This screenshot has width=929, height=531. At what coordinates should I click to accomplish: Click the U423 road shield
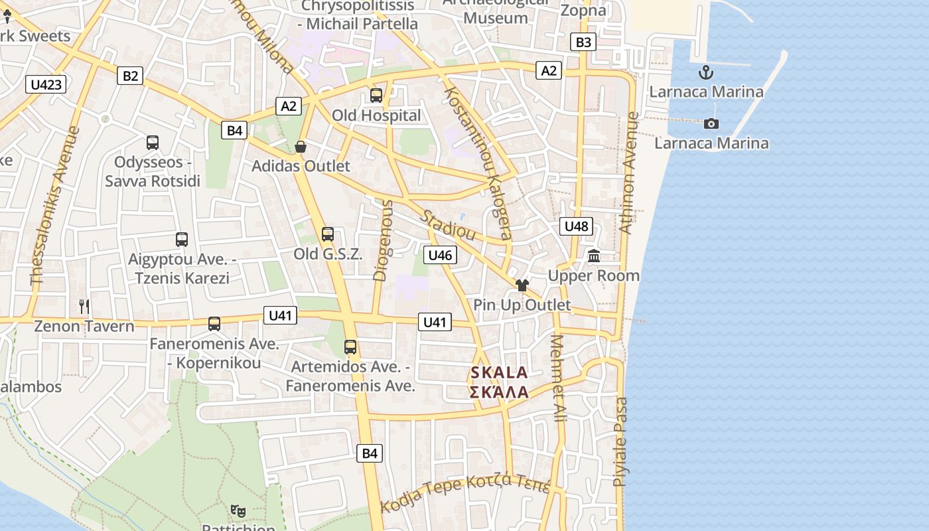pos(46,84)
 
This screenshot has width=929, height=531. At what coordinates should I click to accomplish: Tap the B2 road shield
pos(130,76)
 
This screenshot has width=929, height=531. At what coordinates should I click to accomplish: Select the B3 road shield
pos(583,42)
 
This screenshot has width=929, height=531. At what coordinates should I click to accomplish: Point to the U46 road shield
pos(440,255)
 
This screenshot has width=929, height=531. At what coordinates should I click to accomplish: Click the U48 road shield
pos(575,226)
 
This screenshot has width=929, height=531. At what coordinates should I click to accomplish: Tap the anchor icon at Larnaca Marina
pos(706,73)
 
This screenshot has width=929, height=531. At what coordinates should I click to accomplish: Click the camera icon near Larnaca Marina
pos(711,124)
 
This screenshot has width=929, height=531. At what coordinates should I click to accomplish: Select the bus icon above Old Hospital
pos(376,96)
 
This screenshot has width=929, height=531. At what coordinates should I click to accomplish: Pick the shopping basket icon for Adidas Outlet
pos(301,147)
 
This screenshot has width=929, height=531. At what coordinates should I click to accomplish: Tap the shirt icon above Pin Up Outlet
pos(522,285)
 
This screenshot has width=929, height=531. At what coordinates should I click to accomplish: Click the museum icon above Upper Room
pos(594,256)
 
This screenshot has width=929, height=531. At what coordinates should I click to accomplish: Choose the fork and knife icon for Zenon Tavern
pos(84,306)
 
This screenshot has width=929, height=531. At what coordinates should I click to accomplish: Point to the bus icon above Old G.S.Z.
pos(328,234)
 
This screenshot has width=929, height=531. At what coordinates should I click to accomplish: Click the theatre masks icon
pos(238,511)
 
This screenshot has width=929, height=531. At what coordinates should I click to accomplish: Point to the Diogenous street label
pos(383,240)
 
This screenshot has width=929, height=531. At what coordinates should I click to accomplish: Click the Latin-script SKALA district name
pos(499,372)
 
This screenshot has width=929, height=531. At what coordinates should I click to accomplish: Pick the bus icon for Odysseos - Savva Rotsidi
pos(153,143)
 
